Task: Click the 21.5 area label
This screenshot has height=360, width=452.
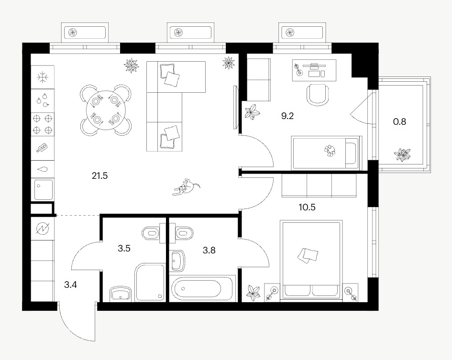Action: click(x=100, y=175)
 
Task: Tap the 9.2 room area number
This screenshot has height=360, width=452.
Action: click(x=287, y=116)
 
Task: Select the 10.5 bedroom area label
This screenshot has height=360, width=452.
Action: click(x=307, y=207)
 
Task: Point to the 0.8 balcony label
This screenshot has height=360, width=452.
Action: click(x=399, y=121)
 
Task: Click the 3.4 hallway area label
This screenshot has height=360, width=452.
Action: click(x=70, y=285)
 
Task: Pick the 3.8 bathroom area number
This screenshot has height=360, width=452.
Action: click(x=209, y=250)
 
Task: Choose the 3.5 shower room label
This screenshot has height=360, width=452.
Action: click(x=124, y=248)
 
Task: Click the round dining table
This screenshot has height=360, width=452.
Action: click(x=106, y=109)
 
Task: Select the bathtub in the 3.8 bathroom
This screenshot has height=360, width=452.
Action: click(x=202, y=288)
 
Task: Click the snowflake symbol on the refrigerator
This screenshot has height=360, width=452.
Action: click(x=43, y=77)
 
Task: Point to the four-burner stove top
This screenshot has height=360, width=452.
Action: click(x=43, y=124)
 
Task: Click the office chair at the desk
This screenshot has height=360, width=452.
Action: click(x=318, y=94)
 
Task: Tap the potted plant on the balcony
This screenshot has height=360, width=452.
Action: click(x=402, y=155)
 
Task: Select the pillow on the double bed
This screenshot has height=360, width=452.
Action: click(x=308, y=255)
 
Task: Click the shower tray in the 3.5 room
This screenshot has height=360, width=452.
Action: click(x=150, y=283)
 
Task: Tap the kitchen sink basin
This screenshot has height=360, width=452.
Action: click(x=43, y=189)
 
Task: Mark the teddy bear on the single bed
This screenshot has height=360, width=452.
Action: click(x=330, y=151)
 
